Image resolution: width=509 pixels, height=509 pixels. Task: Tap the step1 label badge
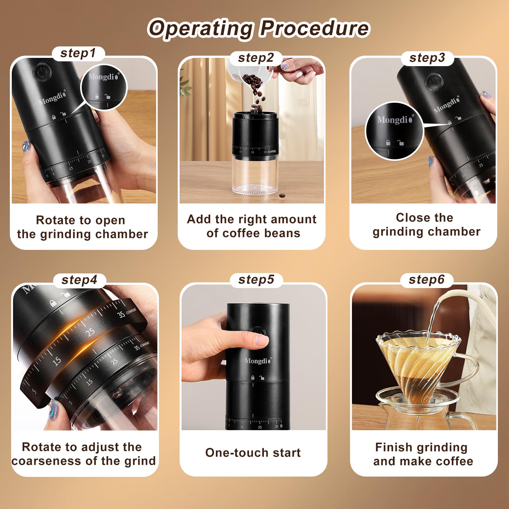(78, 53)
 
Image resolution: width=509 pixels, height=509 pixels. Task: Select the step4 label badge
(79, 280)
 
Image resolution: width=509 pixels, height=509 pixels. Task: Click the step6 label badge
(426, 280)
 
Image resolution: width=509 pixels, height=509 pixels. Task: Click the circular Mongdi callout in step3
(394, 131)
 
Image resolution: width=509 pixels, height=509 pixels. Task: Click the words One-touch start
(253, 453)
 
